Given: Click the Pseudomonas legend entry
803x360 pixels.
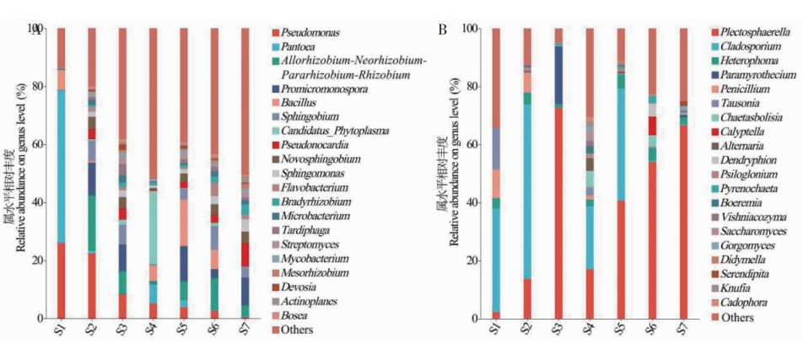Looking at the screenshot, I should [310, 32].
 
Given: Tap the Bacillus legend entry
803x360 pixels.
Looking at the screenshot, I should [299, 102].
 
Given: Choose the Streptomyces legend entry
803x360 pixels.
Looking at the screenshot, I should [308, 244].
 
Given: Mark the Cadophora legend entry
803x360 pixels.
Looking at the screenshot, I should [738, 303].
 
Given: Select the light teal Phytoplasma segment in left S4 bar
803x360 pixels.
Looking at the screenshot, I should [154, 228].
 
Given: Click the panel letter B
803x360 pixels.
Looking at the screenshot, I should [443, 30].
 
